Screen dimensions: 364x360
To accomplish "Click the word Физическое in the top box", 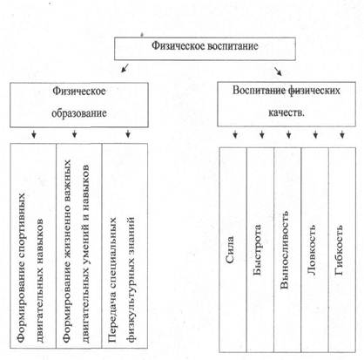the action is [174, 46].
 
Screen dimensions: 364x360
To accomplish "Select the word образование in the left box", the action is [79, 113].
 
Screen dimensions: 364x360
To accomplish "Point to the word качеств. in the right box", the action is [286, 112].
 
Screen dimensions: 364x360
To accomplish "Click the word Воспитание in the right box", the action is [259, 91].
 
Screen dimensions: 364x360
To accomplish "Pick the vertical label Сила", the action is [230, 249].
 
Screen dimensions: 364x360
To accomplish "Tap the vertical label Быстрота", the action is [257, 250].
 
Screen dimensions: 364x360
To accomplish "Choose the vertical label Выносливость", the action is [284, 250].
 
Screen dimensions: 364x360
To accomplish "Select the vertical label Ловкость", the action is [311, 250].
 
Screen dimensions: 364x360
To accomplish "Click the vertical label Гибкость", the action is [339, 250].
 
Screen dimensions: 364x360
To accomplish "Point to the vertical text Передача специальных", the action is [112, 280].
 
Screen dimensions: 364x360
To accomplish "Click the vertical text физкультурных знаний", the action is [131, 280].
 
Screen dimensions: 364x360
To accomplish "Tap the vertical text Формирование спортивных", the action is [21, 268].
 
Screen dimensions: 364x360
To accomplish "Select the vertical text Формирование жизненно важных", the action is [67, 251].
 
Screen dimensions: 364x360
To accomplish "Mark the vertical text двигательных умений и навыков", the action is [86, 254].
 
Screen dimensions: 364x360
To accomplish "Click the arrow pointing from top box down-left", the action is [125, 67].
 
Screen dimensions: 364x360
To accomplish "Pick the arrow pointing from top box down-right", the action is [278, 71].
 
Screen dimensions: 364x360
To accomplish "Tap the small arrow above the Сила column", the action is [235, 134].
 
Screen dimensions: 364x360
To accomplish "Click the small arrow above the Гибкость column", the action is [342, 134].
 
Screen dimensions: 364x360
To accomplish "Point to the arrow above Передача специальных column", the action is [128, 134].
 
